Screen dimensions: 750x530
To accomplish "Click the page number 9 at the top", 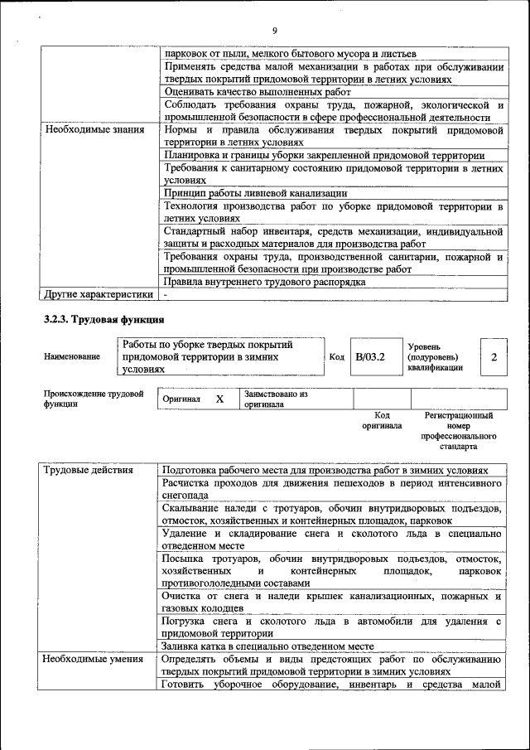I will (273, 31).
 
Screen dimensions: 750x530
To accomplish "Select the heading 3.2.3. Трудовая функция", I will (104, 319).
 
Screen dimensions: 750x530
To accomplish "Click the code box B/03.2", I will (370, 357).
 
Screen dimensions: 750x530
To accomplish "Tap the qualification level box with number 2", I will (494, 357).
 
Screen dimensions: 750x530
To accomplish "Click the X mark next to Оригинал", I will (219, 399).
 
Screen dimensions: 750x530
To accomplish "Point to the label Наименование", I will (72, 356).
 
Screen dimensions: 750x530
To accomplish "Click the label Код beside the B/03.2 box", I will (336, 357).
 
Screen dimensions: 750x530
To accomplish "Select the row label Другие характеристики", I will (99, 293).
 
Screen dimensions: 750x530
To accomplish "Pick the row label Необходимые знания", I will (94, 130).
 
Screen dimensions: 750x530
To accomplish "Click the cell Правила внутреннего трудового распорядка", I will (264, 282).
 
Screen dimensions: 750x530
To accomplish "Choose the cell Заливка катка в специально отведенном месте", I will (267, 646).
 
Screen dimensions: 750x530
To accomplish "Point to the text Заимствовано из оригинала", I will (276, 399).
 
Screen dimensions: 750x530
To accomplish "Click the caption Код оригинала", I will (381, 420).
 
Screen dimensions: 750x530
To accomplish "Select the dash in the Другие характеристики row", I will (166, 294).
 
